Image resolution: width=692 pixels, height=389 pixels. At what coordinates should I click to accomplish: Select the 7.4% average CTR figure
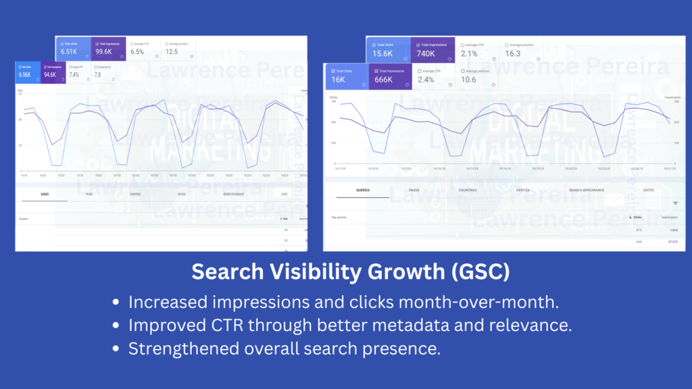click(x=74, y=75)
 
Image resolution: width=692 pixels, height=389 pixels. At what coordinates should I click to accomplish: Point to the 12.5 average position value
click(x=172, y=51)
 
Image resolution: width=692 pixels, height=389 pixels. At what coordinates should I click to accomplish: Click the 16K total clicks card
click(x=346, y=76)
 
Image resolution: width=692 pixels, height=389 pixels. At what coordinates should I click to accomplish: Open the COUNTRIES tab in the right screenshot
click(x=468, y=190)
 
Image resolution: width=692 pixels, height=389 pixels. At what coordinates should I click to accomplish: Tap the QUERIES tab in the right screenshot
click(x=362, y=190)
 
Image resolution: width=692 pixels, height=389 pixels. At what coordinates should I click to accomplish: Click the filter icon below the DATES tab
click(x=675, y=203)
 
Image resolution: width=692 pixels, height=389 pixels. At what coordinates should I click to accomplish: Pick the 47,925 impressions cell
click(x=672, y=241)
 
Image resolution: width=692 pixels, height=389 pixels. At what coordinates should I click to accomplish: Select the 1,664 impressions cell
click(x=673, y=230)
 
